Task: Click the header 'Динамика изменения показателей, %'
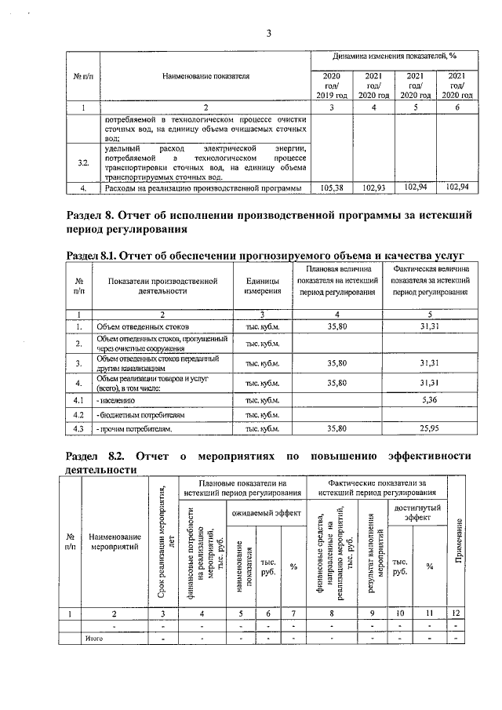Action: (394, 56)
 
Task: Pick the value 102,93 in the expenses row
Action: (373, 188)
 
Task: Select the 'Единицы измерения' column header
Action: (263, 285)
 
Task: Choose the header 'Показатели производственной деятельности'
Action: (162, 285)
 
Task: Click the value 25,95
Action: (428, 429)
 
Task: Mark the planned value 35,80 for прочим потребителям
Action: (336, 429)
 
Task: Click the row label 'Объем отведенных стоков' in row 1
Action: (142, 325)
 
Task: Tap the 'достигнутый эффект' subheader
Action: (417, 512)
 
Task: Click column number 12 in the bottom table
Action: (457, 613)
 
